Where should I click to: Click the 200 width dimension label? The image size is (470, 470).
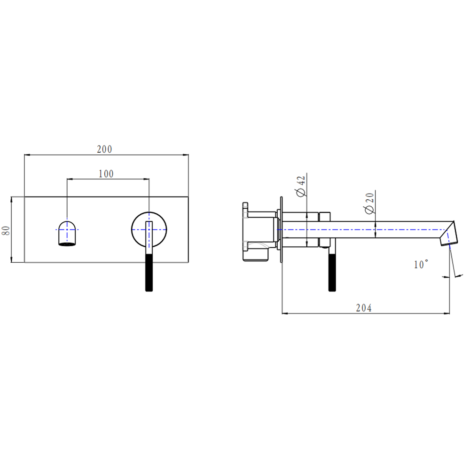pos(104,149)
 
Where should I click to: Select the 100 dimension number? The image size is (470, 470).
pos(106,174)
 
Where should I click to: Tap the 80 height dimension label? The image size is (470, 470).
pos(6,230)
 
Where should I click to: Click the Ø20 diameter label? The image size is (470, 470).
pos(369,203)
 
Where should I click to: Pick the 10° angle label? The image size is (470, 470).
pos(421,264)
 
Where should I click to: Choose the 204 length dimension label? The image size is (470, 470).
pos(364,308)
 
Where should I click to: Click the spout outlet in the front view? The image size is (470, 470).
pos(67,233)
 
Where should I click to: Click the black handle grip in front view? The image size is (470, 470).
pos(149,273)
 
